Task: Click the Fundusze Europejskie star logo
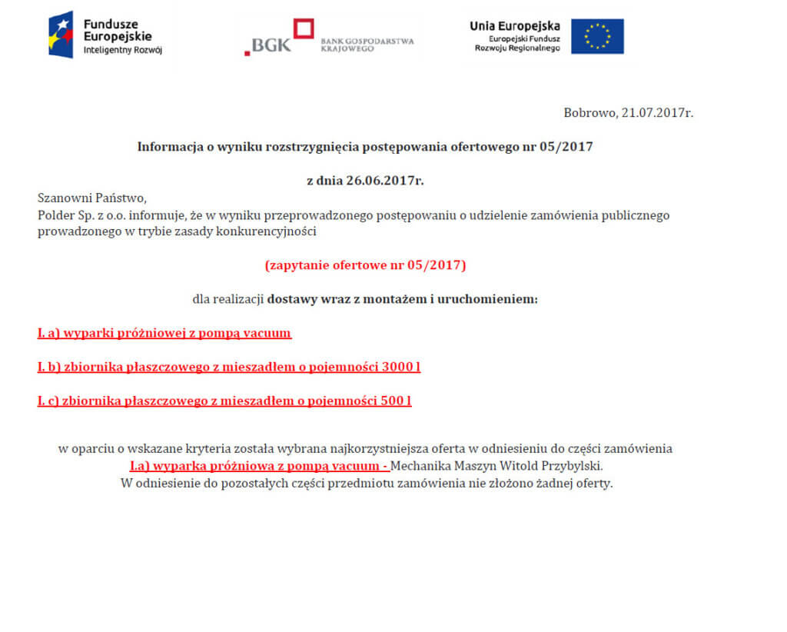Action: (x=61, y=35)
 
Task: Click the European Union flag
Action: (x=597, y=36)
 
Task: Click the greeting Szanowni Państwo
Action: (x=91, y=198)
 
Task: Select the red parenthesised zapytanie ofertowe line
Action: (x=365, y=265)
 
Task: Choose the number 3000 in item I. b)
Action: (x=397, y=367)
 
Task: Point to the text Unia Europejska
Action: (x=514, y=26)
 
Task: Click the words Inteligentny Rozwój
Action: (x=122, y=50)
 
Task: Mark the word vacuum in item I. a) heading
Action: (x=267, y=333)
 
